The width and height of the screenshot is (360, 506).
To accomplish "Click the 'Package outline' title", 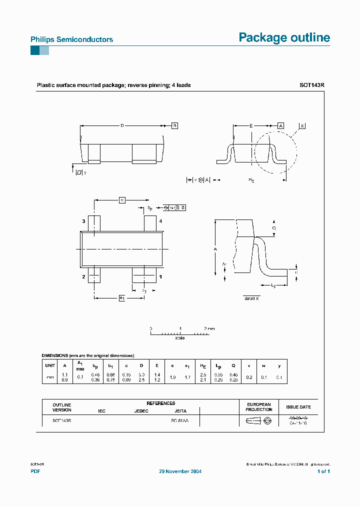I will [284, 37].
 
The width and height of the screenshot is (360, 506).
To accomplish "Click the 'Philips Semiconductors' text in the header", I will [71, 39].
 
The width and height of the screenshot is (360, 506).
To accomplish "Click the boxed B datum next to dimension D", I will [174, 125].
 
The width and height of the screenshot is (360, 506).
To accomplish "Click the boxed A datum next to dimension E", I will [281, 125].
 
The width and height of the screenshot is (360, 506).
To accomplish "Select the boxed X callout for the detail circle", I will [302, 126].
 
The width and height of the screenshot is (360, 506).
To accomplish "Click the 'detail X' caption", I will [251, 298].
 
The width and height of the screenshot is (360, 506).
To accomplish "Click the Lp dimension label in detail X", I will [273, 285].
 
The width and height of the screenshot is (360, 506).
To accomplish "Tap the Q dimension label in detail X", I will [273, 227].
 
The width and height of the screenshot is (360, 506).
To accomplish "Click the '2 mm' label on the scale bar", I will [209, 328].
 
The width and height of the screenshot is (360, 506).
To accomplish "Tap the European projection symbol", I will [258, 421].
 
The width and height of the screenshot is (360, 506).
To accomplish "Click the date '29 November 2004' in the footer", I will [180, 471].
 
